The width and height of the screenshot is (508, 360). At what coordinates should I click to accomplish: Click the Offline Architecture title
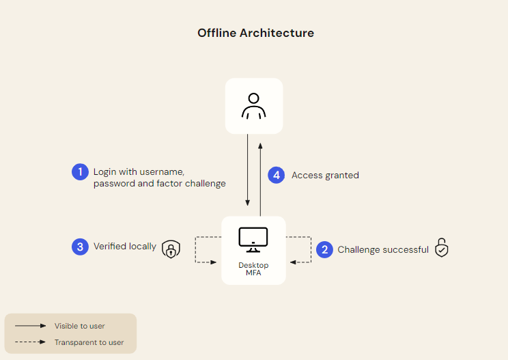255,33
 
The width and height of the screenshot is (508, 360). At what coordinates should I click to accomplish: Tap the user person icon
254,106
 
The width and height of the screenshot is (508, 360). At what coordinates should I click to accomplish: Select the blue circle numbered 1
81,171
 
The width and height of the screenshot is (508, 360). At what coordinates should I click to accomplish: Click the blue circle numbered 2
324,249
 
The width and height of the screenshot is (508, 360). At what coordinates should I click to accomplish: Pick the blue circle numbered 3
81,247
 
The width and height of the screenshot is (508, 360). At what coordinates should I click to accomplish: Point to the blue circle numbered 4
276,175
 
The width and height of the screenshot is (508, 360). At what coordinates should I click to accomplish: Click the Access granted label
325,176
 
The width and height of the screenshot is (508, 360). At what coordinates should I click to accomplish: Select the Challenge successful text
383,250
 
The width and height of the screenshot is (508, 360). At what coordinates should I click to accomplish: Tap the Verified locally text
125,247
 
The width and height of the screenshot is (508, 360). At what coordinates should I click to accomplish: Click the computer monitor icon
253,238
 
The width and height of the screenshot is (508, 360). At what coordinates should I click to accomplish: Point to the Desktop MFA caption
253,268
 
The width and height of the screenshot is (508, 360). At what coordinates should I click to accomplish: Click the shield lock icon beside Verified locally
171,249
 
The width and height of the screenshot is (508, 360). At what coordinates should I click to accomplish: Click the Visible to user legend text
80,326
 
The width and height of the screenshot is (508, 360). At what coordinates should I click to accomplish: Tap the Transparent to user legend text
89,342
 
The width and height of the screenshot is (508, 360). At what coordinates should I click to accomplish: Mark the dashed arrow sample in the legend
29,342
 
